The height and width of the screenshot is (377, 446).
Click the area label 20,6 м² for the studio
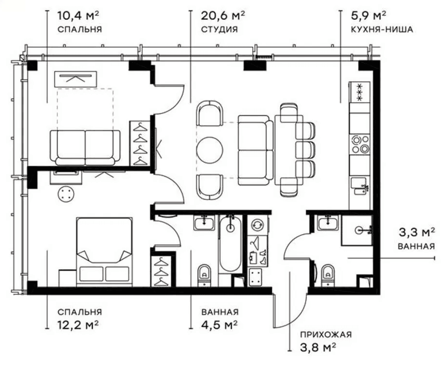(x=223, y=15)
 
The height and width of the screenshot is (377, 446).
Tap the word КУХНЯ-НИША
(x=382, y=29)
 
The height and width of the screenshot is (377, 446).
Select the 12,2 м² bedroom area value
(x=78, y=324)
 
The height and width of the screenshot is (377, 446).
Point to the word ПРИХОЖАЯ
(x=326, y=334)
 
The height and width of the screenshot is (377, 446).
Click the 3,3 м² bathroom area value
(x=417, y=232)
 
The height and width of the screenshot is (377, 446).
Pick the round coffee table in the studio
(x=209, y=150)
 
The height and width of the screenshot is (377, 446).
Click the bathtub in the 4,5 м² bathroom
(x=230, y=243)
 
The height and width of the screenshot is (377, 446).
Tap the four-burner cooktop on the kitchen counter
(x=360, y=144)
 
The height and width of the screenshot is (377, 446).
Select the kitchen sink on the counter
(x=360, y=186)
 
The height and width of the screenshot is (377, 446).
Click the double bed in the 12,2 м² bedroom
(x=104, y=252)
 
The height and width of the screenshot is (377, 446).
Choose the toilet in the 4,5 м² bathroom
(x=204, y=275)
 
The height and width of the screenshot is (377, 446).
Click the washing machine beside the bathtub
(x=258, y=225)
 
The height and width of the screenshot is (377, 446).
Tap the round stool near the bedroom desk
(x=66, y=194)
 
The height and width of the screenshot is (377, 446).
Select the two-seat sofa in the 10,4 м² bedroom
(x=85, y=148)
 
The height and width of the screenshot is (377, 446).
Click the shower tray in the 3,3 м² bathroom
(x=357, y=230)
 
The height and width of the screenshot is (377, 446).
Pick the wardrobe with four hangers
(x=140, y=143)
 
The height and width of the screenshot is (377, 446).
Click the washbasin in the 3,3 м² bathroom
(x=328, y=223)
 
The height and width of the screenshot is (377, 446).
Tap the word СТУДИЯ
(x=219, y=29)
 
